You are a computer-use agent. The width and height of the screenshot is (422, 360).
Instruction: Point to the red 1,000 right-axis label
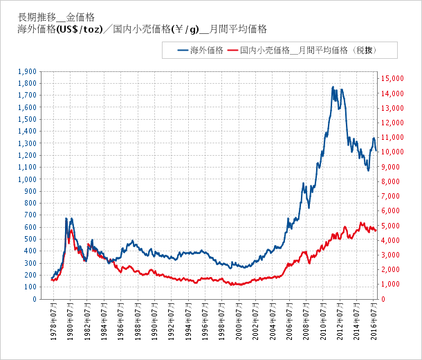[x=391, y=285]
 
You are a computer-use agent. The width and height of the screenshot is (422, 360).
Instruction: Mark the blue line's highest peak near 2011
[x=333, y=87]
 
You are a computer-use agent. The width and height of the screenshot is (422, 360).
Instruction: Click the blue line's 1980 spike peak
[x=66, y=219]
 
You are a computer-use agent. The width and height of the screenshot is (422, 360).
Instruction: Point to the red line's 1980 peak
[x=71, y=230]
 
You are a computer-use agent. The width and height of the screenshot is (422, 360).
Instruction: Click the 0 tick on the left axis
[x=35, y=299]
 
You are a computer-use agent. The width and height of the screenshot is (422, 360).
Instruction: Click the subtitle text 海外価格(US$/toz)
[x=62, y=30]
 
